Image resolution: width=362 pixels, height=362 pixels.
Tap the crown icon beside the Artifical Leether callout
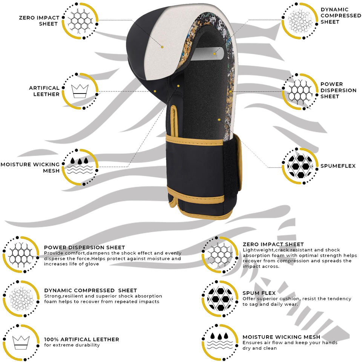click(x=80, y=91)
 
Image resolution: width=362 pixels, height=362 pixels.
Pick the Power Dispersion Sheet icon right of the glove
click(x=300, y=91)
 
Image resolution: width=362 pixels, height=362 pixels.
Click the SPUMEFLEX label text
click(x=338, y=166)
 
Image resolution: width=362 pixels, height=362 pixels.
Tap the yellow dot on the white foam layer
click(x=162, y=47)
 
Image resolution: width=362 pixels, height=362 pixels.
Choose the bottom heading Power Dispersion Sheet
click(x=84, y=247)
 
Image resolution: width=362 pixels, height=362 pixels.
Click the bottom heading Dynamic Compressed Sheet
click(x=90, y=290)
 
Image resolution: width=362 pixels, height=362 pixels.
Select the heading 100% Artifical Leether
click(x=81, y=339)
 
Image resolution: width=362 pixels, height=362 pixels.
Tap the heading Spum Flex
click(x=259, y=293)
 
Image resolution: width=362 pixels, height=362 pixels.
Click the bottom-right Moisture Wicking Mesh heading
click(x=281, y=337)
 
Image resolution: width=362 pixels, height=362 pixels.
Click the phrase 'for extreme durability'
click(x=72, y=345)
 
